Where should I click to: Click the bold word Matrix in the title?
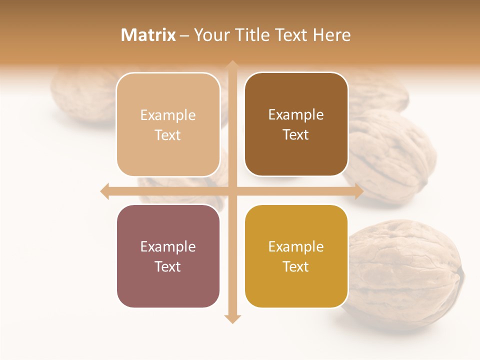click(x=148, y=35)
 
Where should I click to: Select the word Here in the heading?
click(x=331, y=35)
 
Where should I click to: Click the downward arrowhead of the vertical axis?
click(x=232, y=318)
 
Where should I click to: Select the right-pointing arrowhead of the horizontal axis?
click(x=358, y=191)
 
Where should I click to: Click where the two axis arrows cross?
click(x=232, y=191)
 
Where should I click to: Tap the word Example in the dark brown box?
click(x=296, y=115)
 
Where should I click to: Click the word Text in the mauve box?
click(x=168, y=267)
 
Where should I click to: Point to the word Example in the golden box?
click(x=296, y=246)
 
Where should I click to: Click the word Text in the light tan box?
click(x=168, y=135)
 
